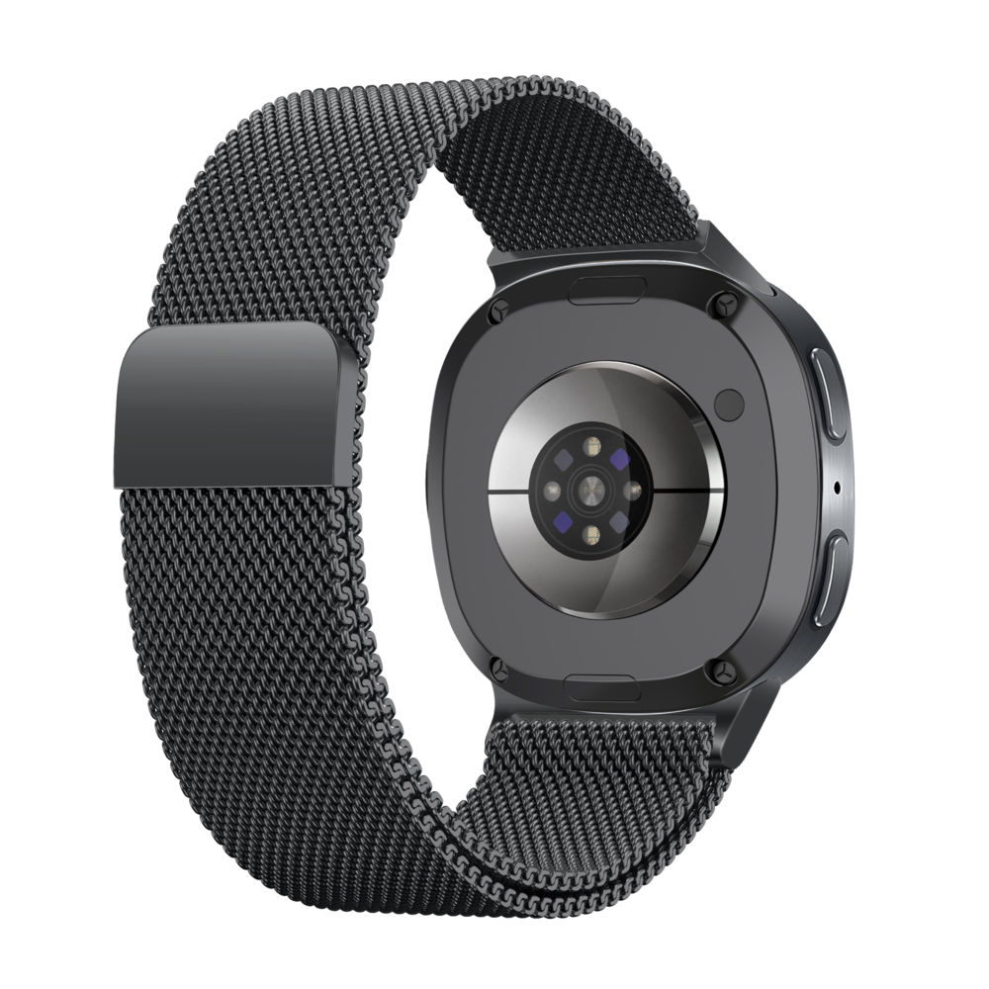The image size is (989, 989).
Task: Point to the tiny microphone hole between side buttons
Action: click(x=839, y=486)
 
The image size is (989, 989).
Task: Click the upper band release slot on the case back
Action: click(x=610, y=288)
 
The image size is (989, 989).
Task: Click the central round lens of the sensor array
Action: click(x=591, y=489)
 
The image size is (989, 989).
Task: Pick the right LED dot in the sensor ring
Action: click(x=632, y=489)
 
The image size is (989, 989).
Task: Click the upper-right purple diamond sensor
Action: click(x=620, y=459)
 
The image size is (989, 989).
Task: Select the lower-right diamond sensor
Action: click(x=620, y=519)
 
